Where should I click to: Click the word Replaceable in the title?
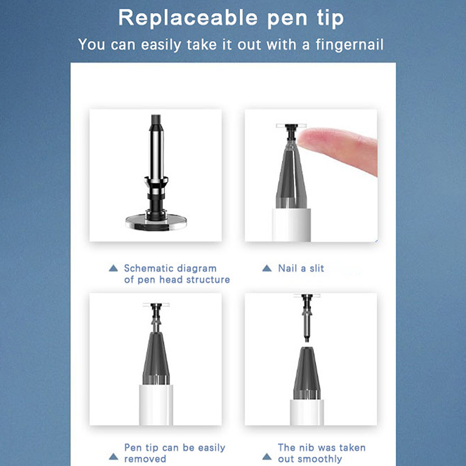pos(188,17)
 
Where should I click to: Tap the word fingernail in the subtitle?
pos(349,45)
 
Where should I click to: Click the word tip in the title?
pos(330,18)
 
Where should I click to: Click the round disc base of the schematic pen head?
pos(156,223)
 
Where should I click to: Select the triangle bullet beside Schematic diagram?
pos(113,268)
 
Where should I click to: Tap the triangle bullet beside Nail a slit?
pos(267,268)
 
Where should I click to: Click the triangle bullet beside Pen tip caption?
pos(114,457)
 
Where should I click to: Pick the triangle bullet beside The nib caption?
pos(267,457)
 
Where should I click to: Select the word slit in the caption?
pos(317,269)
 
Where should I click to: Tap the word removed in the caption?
pos(145,459)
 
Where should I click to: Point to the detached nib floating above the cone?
pos(307,317)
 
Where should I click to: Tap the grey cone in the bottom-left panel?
pos(156,358)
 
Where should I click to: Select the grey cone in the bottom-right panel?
pos(307,373)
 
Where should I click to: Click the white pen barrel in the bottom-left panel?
pos(156,405)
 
